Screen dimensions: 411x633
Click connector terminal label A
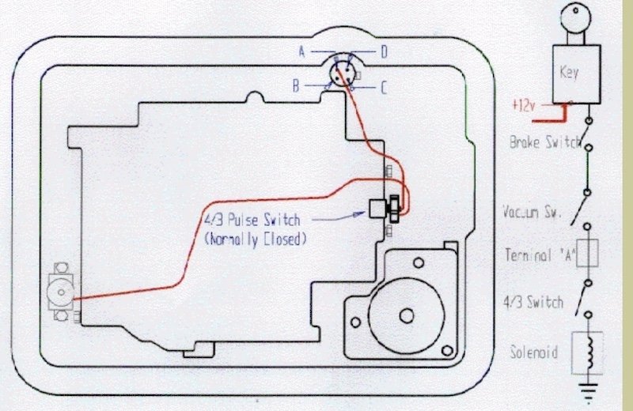click(x=301, y=52)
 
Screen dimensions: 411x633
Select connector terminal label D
click(x=383, y=52)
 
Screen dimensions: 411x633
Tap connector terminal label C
click(x=383, y=88)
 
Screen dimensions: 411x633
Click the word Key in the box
click(x=569, y=72)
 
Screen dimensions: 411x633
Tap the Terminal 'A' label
click(x=540, y=255)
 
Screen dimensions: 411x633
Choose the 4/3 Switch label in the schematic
click(x=534, y=301)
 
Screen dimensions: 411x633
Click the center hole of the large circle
click(x=407, y=315)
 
